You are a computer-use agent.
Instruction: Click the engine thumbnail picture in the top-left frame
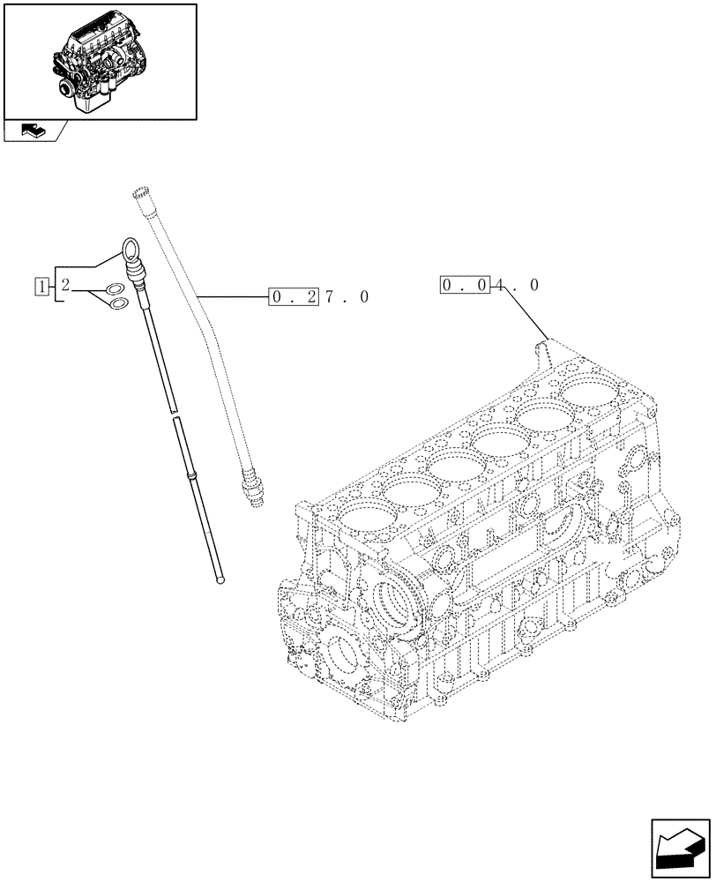[99, 61]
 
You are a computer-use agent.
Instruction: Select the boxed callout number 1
[41, 284]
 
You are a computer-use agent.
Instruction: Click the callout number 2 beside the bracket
[66, 284]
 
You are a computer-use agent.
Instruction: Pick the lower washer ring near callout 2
[117, 306]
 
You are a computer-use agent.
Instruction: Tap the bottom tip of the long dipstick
[220, 579]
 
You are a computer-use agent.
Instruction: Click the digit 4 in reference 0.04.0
[501, 285]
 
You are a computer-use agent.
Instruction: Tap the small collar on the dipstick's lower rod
[189, 475]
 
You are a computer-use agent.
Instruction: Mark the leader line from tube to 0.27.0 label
[234, 297]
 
